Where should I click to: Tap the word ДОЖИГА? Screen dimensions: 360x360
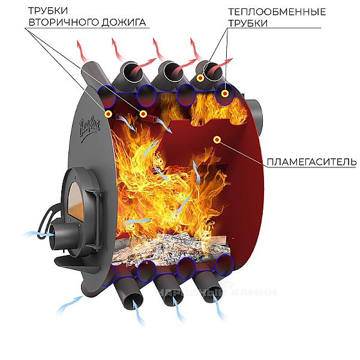coord(125,23)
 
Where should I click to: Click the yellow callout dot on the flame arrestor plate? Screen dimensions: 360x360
coord(217,140)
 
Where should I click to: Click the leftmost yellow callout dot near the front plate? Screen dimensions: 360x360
coord(108,113)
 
